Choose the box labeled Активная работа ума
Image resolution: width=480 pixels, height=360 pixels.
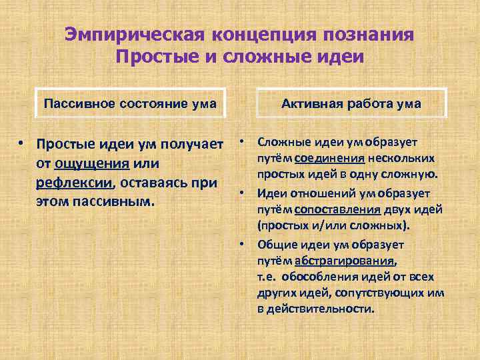pyautogui.click(x=351, y=103)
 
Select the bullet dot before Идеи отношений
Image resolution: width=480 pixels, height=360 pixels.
pyautogui.click(x=243, y=193)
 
